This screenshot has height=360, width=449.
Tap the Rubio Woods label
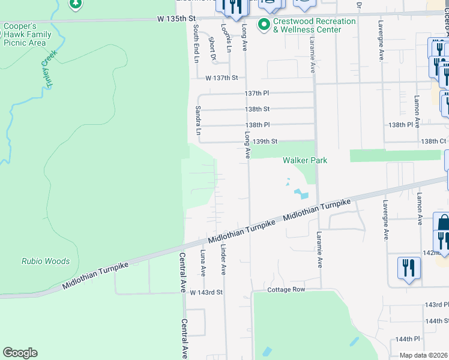tap(46, 262)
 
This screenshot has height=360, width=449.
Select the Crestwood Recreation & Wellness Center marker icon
tap(262, 25)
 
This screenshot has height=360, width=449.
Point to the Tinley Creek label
tap(48, 70)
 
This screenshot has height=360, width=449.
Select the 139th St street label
tap(265, 142)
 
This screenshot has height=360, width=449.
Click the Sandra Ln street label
tap(197, 120)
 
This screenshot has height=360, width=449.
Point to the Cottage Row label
tap(286, 290)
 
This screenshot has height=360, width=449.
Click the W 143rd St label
tap(206, 292)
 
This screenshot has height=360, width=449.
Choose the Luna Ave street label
tap(203, 263)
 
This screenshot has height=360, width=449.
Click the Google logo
tap(20, 352)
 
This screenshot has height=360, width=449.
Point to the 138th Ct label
tap(433, 141)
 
